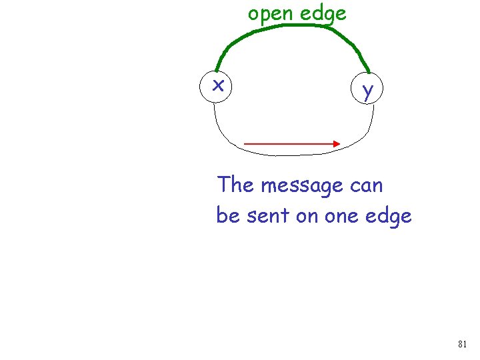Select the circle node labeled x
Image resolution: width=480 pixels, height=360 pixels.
[217, 86]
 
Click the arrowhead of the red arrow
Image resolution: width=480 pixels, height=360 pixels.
[337, 143]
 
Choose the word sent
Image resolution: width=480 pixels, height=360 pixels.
[265, 215]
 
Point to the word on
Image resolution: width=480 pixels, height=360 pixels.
[306, 216]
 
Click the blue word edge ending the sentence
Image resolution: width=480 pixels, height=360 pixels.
[389, 216]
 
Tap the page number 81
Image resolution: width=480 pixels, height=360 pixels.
[462, 344]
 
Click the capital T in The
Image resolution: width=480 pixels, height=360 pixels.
[223, 185]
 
